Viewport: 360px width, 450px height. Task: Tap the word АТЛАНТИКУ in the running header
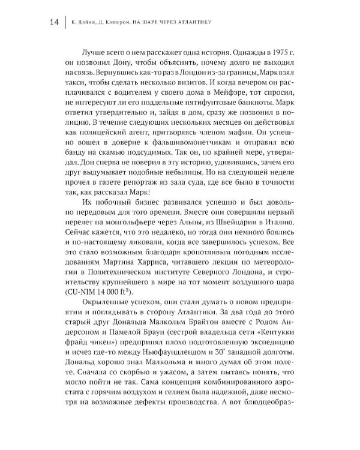click(195, 23)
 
